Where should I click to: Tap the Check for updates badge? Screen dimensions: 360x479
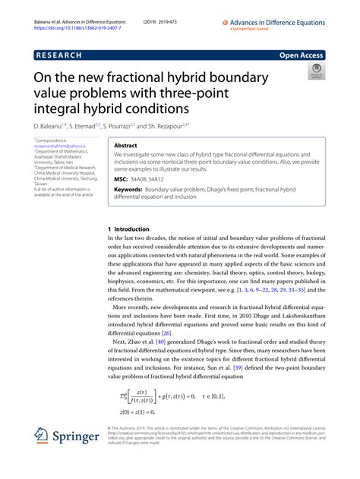[x=315, y=73]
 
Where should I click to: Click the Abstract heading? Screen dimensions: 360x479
[x=126, y=144]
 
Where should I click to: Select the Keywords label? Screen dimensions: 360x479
[x=128, y=190]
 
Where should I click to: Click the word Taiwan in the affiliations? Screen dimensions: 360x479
[x=42, y=184]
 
